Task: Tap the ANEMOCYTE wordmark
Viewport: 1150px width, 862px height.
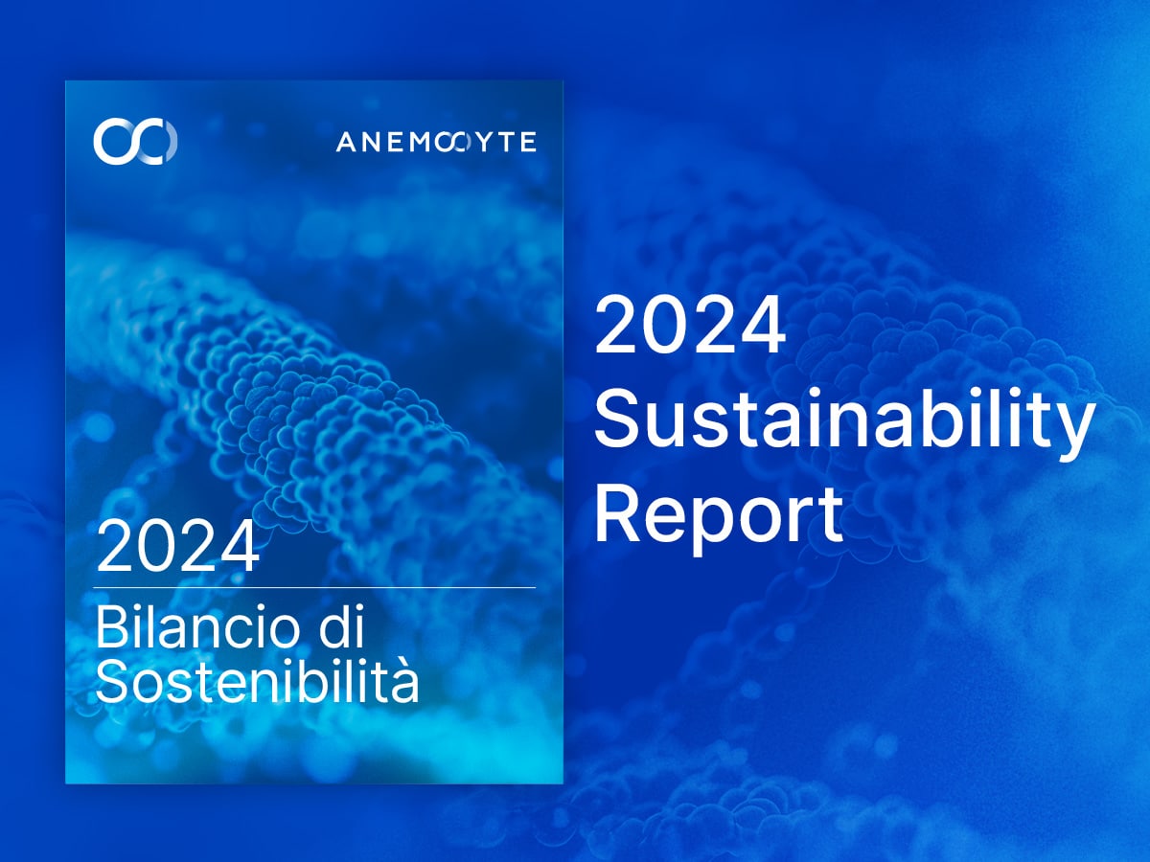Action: pos(436,142)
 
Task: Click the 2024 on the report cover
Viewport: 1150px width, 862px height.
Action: pos(178,547)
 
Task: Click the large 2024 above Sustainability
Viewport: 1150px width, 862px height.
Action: pos(690,325)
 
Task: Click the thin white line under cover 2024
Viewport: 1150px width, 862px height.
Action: pos(315,588)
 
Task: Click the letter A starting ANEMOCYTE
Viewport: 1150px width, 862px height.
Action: pos(347,142)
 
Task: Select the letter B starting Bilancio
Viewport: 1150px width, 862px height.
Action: pos(111,627)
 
